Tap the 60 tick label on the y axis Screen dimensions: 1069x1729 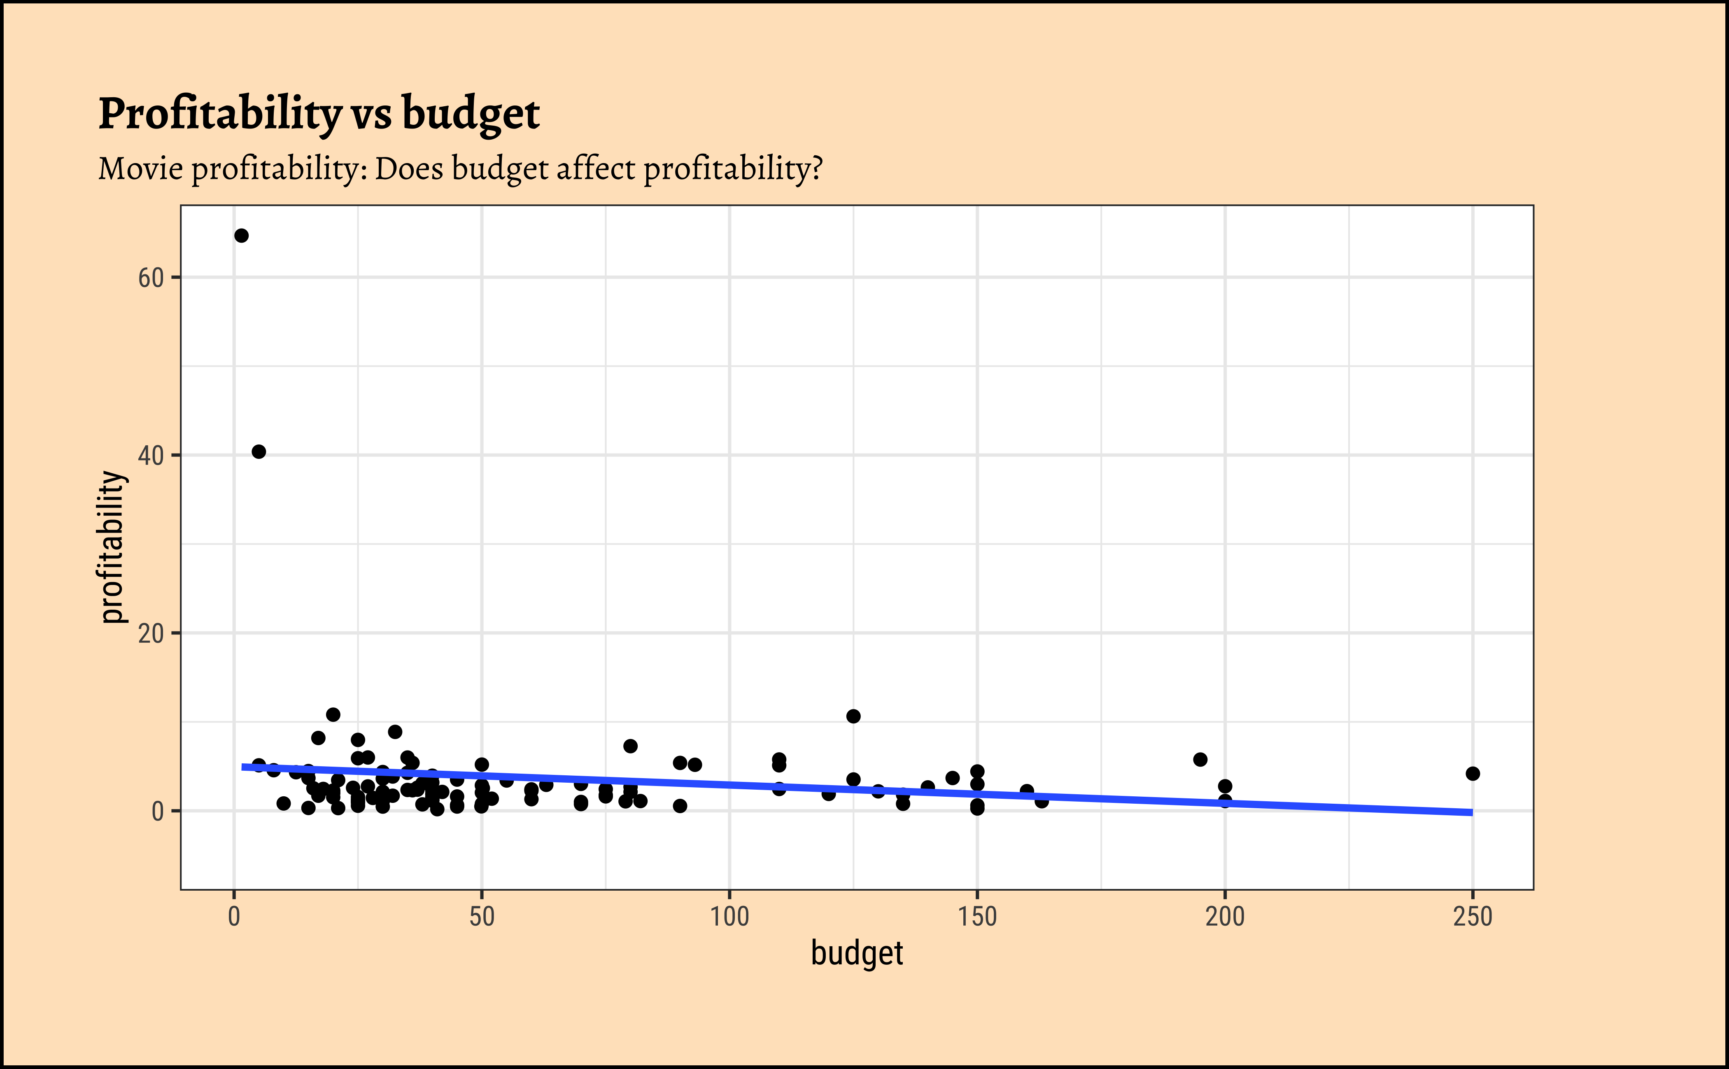tap(151, 278)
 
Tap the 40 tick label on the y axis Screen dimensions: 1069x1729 tap(151, 455)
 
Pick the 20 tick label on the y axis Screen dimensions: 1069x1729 tap(151, 634)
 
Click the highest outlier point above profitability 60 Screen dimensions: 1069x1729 tap(241, 236)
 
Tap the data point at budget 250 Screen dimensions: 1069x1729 tap(1473, 774)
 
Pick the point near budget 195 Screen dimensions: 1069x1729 tap(1200, 759)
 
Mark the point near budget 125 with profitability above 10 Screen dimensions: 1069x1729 tap(853, 716)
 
